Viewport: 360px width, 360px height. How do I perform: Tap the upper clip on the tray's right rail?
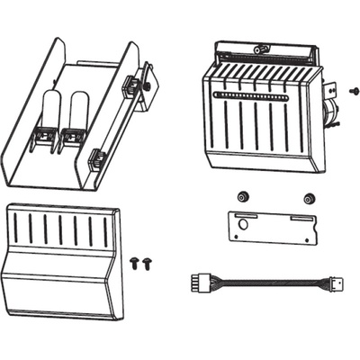131,85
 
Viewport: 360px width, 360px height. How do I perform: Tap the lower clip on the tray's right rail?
97,159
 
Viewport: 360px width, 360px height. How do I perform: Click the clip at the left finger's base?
40,137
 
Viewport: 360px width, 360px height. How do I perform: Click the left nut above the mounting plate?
240,196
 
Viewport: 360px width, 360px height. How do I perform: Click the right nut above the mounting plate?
309,197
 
